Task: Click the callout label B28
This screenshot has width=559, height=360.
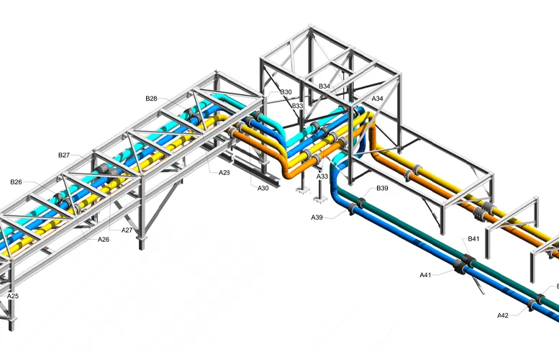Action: [151, 98]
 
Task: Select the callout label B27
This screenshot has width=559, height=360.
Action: [64, 155]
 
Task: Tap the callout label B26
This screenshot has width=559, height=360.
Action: [16, 182]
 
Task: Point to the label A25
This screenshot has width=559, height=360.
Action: [13, 296]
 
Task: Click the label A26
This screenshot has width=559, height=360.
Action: [104, 239]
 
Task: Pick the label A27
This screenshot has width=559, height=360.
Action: [127, 230]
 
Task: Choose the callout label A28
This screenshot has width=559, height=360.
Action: [224, 172]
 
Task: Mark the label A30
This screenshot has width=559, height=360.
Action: [263, 188]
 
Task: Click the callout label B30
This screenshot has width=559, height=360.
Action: [286, 92]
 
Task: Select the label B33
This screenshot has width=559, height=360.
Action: [297, 106]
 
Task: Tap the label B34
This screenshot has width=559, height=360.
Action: [324, 86]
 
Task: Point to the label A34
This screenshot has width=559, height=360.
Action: [377, 99]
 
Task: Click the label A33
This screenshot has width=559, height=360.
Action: [322, 176]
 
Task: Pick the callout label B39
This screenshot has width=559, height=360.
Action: [382, 189]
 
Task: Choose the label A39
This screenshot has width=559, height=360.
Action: [317, 217]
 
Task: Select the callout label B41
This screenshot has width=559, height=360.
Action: [473, 238]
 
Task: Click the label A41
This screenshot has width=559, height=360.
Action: [425, 274]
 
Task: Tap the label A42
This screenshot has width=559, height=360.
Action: [503, 315]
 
